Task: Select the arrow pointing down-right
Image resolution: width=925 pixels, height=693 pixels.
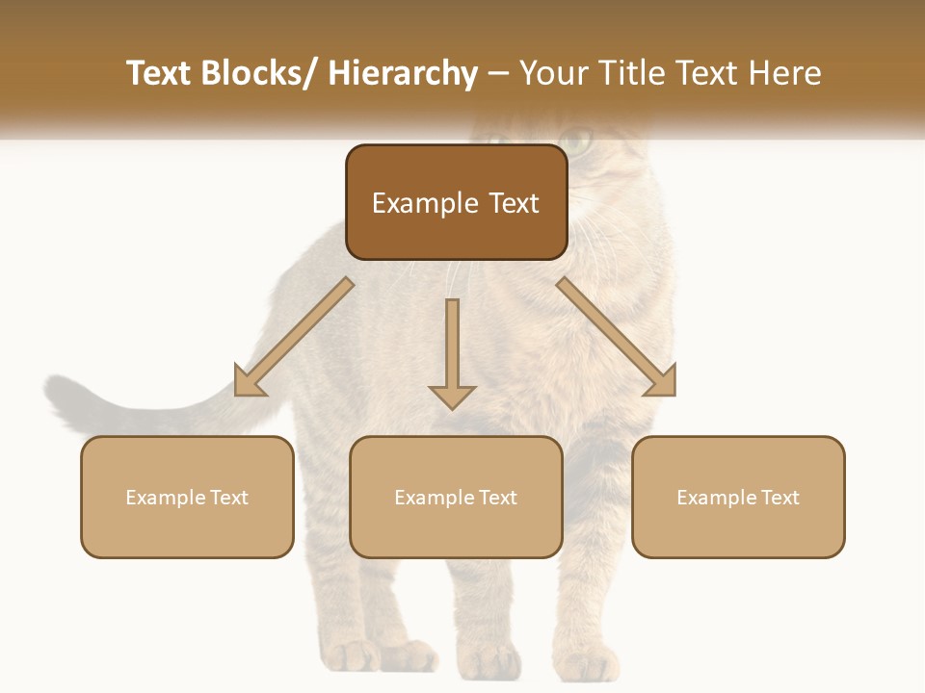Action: [617, 337]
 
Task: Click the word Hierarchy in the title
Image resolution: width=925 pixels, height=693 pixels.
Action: [403, 73]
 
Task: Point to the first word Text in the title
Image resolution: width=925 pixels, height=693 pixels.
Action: [158, 73]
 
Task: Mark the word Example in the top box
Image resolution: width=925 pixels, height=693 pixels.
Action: [425, 203]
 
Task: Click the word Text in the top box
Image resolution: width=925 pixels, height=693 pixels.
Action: [513, 203]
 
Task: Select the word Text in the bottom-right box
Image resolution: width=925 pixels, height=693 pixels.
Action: [779, 498]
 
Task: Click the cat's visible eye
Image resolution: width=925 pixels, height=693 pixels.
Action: [577, 141]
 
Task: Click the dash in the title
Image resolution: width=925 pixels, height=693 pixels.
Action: [498, 74]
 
